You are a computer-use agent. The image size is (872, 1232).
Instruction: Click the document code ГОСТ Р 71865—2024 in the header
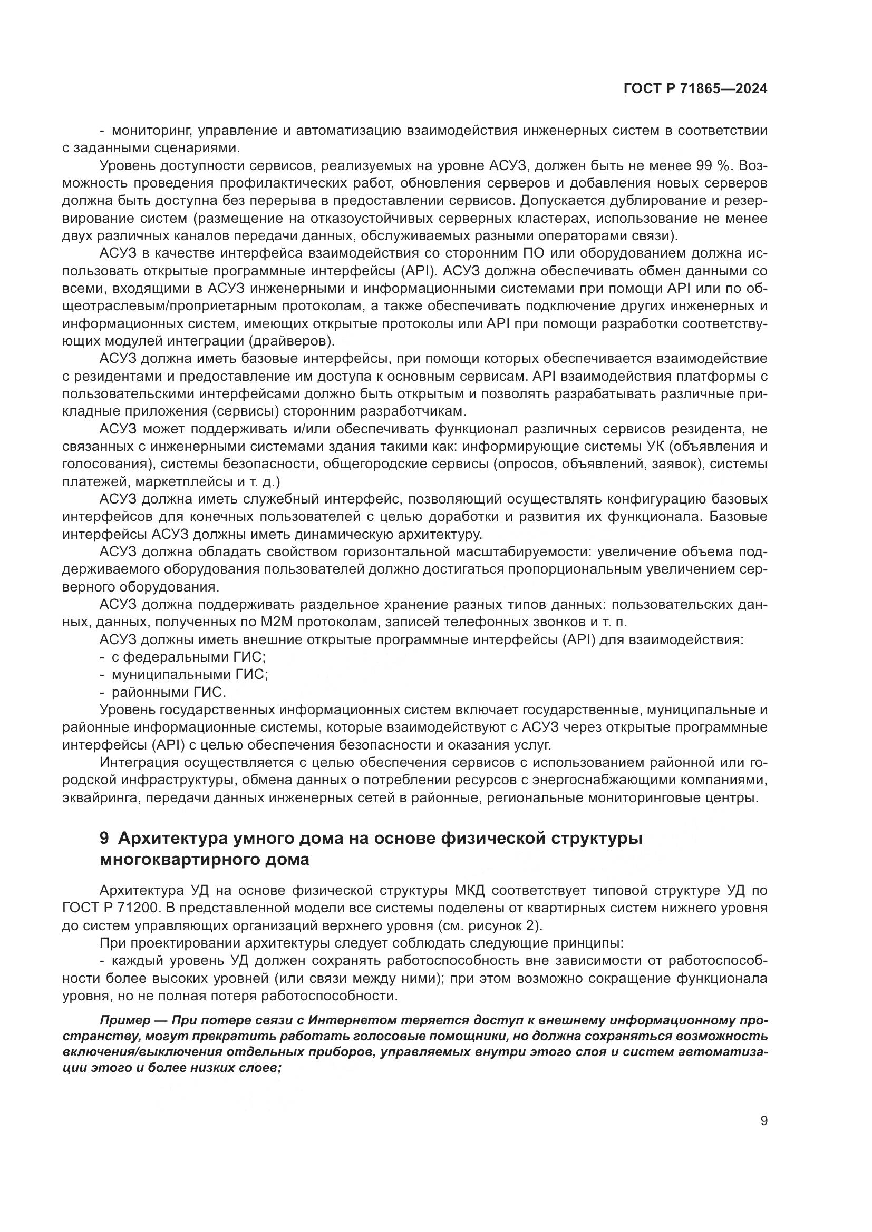click(x=695, y=89)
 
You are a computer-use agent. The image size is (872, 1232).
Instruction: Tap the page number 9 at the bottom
click(x=764, y=1121)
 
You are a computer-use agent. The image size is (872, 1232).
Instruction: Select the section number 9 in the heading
click(x=105, y=838)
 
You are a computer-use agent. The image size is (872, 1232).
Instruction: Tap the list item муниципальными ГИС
click(x=189, y=675)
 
